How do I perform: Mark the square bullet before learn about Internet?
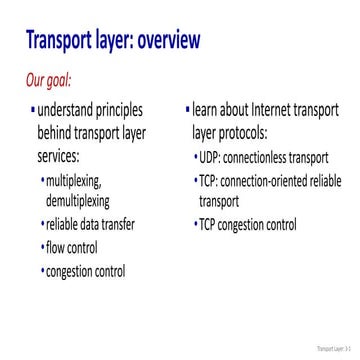click(x=187, y=107)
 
